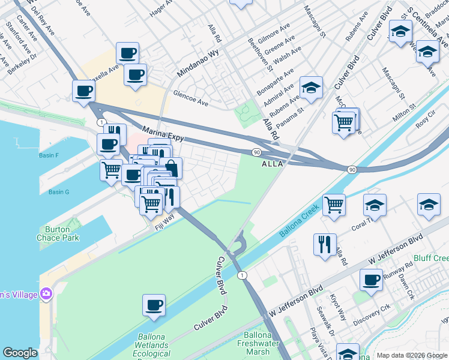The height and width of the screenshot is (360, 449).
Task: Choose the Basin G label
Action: point(59,192)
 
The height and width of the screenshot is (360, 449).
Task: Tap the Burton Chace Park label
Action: point(62,233)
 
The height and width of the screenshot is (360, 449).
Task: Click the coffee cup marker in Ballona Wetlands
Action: point(154,305)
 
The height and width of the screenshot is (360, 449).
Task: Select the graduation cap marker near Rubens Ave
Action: point(311,88)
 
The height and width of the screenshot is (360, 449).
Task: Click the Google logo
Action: point(19,353)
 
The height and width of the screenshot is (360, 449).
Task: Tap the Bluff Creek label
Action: point(435,258)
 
